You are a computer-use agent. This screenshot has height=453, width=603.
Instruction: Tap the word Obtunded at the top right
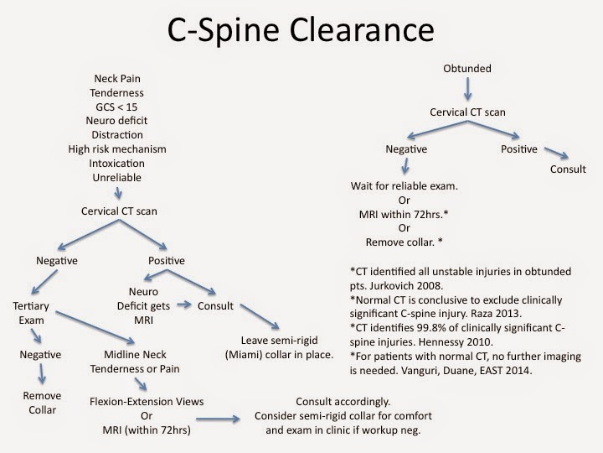[466, 68]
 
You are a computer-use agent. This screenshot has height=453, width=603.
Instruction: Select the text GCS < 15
[117, 120]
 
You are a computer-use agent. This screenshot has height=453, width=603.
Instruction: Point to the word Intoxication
[117, 164]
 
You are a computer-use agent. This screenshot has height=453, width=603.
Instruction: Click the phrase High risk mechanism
[117, 149]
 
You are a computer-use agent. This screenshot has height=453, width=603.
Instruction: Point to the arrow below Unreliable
[117, 191]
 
